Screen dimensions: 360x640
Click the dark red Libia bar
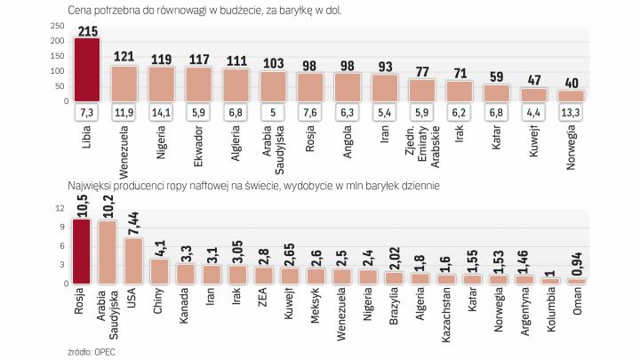coord(86,69)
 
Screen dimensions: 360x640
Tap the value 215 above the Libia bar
coord(87,31)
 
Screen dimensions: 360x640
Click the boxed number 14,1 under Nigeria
coord(161,114)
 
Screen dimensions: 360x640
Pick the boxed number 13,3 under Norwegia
coord(571,114)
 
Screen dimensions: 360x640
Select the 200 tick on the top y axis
coord(57,41)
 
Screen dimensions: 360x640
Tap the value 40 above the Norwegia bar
coord(571,82)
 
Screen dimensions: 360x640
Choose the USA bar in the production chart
coord(132,260)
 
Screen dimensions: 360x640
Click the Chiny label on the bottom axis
coord(160,304)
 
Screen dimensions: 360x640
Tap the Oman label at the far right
coord(576,303)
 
